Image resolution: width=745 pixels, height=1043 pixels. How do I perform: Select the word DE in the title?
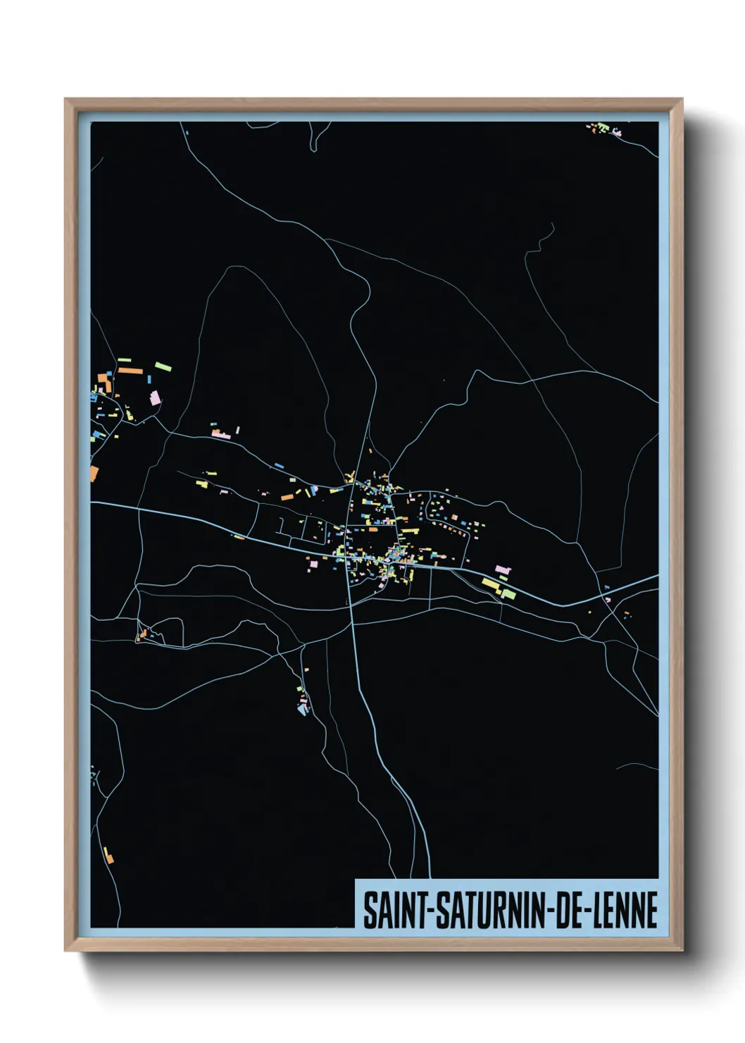click(572, 910)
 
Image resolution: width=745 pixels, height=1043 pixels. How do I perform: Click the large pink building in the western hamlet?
click(155, 398)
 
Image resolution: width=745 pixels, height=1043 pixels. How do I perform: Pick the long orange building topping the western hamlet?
click(130, 369)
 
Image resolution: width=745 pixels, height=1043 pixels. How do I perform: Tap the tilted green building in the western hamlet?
click(163, 366)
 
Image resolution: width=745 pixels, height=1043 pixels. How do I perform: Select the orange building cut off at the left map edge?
click(94, 472)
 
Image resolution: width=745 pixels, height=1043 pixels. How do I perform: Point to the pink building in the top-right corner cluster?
click(618, 132)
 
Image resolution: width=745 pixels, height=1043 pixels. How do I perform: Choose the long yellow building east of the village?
click(490, 584)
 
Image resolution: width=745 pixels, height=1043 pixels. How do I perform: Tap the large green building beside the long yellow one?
click(508, 594)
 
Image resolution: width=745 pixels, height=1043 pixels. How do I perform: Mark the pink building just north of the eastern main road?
click(502, 569)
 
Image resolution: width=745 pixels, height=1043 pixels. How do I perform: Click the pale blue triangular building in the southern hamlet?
click(303, 710)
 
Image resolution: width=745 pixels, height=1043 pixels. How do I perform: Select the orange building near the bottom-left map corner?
click(108, 856)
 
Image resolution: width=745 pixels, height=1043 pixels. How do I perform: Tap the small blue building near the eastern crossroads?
click(606, 586)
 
